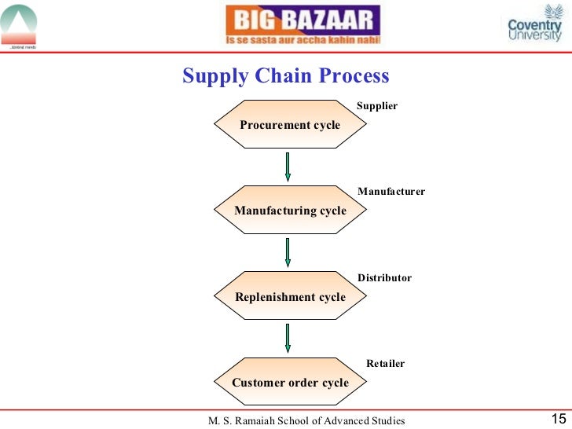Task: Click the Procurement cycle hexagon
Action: pyautogui.click(x=290, y=125)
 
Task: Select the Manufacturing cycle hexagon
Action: pyautogui.click(x=290, y=211)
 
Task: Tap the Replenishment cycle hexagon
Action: pyautogui.click(x=290, y=297)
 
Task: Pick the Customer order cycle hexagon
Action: pyautogui.click(x=290, y=383)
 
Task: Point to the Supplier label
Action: pyautogui.click(x=377, y=106)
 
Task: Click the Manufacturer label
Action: pyautogui.click(x=391, y=192)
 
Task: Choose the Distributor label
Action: pyautogui.click(x=384, y=278)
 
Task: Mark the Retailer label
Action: pyautogui.click(x=385, y=364)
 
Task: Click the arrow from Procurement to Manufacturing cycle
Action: pyautogui.click(x=288, y=167)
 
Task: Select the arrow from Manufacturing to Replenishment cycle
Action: pyautogui.click(x=288, y=252)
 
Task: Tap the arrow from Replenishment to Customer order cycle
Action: pyautogui.click(x=288, y=338)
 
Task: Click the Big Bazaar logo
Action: pyautogui.click(x=302, y=26)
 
